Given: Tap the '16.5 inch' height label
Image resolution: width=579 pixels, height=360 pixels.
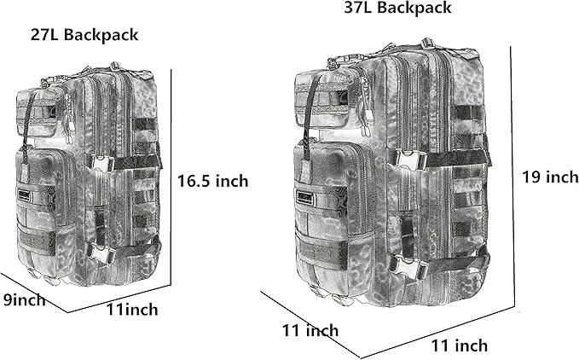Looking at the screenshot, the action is pos(214,181).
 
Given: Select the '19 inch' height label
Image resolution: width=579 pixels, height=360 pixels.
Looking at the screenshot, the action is pos(550,177).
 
